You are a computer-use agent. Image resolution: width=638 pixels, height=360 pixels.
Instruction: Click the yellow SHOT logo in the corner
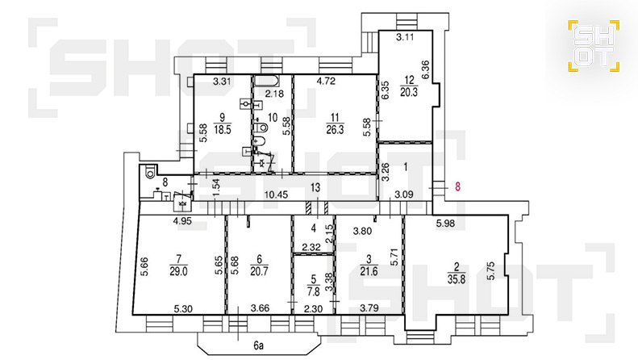pos(594,46)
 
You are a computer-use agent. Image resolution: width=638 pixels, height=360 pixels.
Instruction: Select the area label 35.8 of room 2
pos(457,280)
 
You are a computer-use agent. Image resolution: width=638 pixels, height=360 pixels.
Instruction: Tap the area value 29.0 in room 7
pos(178,271)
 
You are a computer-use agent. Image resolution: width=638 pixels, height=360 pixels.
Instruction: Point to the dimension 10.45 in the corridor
pos(276,195)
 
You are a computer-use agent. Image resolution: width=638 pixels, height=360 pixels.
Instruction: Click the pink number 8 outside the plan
pos(458,187)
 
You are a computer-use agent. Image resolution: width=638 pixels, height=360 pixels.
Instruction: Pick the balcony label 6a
pos(257,345)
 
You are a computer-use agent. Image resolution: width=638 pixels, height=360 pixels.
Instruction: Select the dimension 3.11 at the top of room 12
pos(405,37)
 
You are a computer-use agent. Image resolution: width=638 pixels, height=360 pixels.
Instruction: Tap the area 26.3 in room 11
pos(335,130)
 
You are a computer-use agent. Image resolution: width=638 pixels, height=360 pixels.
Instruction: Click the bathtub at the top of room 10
pos(266,81)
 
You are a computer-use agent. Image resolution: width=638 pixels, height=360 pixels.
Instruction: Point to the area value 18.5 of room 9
pos(222,129)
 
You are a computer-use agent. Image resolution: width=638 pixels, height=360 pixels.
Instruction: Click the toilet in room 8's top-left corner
pos(150,171)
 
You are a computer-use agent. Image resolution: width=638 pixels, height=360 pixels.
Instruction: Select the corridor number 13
pos(315,188)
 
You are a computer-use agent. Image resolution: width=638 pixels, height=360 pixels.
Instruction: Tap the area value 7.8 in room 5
pos(313,291)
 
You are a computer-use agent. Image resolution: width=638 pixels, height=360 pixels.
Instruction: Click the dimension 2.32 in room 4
pos(310,246)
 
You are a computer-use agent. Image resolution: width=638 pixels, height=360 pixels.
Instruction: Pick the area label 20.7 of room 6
pos(260,271)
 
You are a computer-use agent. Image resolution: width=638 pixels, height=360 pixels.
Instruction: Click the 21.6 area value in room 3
pos(369,271)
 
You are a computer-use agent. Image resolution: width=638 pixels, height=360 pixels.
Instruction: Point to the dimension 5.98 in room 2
pos(445,223)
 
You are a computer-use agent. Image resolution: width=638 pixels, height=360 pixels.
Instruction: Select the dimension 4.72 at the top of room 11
pos(326,81)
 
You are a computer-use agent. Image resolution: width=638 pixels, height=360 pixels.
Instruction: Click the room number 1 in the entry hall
pos(405,165)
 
